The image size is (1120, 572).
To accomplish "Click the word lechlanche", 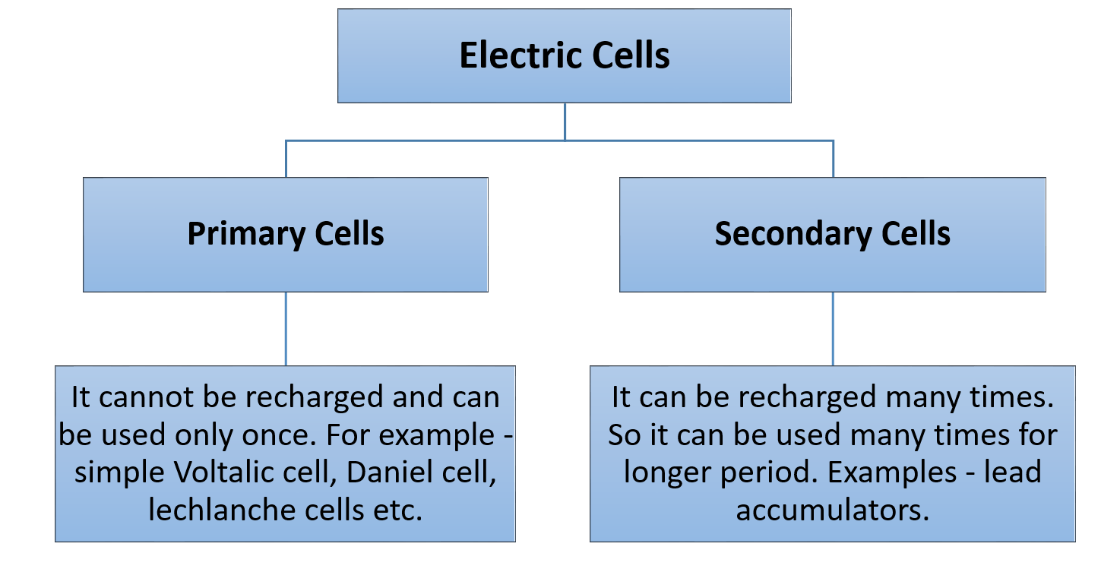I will click(214, 510).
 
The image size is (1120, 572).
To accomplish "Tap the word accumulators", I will click(832, 510).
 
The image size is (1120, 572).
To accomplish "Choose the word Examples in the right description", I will click(891, 473).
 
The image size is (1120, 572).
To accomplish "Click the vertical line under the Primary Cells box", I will click(286, 329).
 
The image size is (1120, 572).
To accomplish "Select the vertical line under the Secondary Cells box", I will click(833, 329).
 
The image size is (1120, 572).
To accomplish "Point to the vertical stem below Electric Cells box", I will click(565, 122).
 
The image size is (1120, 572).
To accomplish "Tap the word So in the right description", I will click(624, 436).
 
